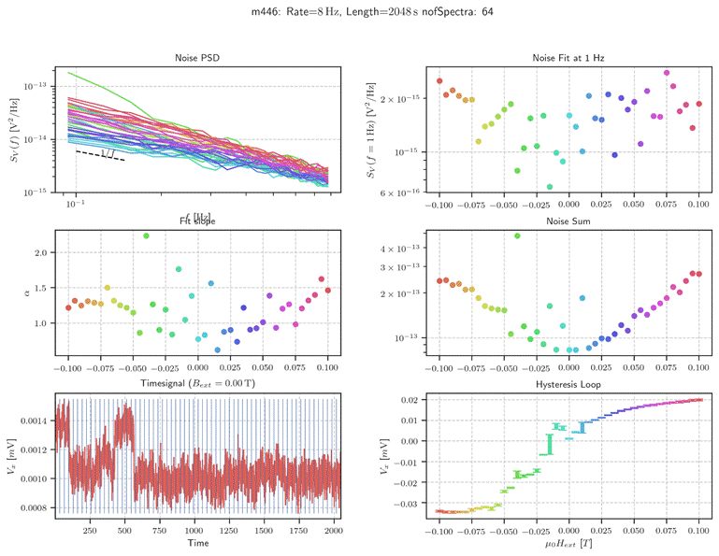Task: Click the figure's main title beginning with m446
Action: [x=359, y=13]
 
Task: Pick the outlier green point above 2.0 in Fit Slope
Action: [x=147, y=236]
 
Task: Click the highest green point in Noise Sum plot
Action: [x=517, y=235]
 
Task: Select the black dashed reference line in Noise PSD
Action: [x=100, y=155]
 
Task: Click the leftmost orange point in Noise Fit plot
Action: [x=439, y=81]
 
